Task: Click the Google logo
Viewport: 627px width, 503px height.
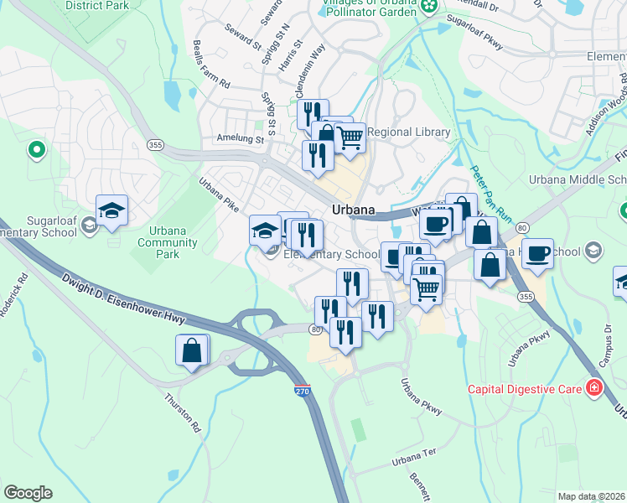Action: (x=28, y=493)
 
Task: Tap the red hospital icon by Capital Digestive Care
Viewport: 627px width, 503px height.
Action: (x=594, y=387)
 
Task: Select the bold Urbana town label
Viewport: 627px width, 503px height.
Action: (x=353, y=210)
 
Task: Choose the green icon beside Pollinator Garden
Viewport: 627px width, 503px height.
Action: (x=429, y=7)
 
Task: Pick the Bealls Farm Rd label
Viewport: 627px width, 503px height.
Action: (x=211, y=65)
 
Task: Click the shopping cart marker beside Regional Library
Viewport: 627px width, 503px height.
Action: (x=350, y=137)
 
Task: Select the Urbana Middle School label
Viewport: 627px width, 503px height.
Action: (x=577, y=179)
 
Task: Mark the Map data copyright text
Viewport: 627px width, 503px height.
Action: (x=590, y=496)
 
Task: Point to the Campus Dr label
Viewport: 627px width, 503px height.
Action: (x=601, y=351)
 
